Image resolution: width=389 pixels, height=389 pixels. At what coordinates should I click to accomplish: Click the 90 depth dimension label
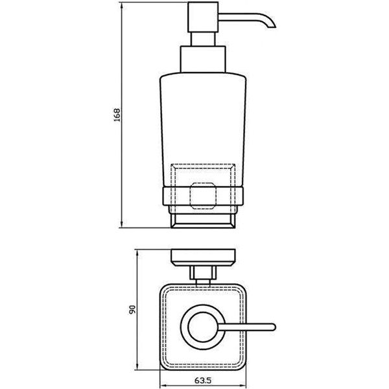coord(132,311)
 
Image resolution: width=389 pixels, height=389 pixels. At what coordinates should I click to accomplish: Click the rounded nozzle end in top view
coord(272,325)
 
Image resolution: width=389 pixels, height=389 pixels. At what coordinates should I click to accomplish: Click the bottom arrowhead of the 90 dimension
coord(137,369)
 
